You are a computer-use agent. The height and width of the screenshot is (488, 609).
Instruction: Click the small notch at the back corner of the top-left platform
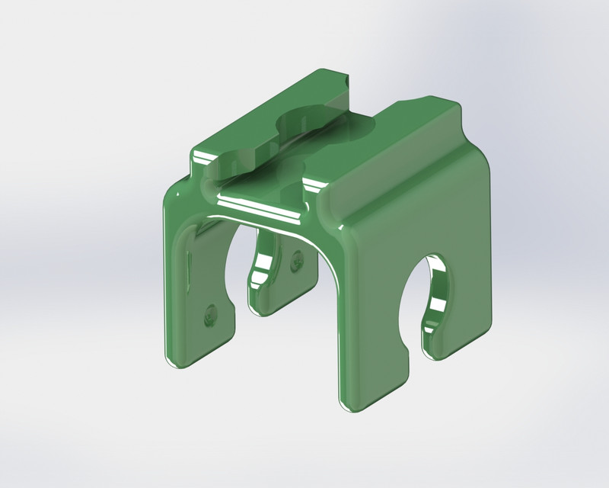pyautogui.click(x=345, y=78)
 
